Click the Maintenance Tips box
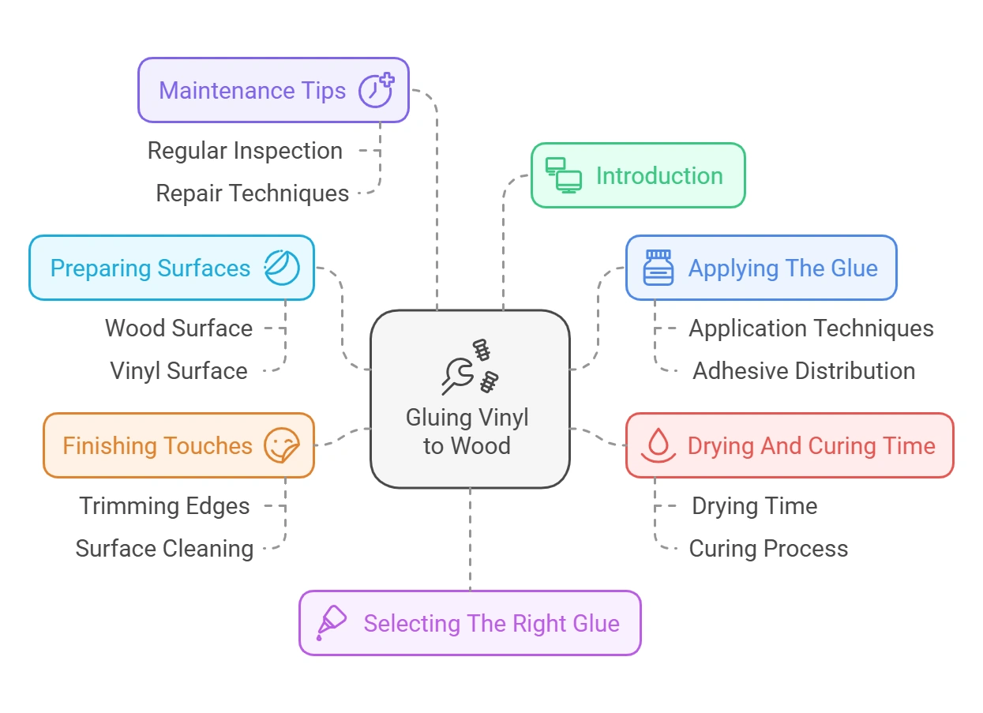click(272, 90)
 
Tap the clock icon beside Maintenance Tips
click(376, 90)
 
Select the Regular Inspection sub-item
click(245, 151)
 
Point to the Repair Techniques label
click(252, 193)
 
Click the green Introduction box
click(637, 175)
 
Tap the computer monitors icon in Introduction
click(564, 175)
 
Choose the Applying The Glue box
click(760, 268)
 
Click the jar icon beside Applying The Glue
click(658, 268)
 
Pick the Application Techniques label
click(811, 328)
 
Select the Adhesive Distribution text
click(804, 371)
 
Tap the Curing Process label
click(768, 549)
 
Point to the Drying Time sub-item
click(754, 506)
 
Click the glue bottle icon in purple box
click(331, 622)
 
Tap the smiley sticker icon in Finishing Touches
click(281, 445)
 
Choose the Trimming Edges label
click(164, 506)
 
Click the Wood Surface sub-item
click(179, 328)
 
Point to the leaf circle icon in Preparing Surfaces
click(282, 268)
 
